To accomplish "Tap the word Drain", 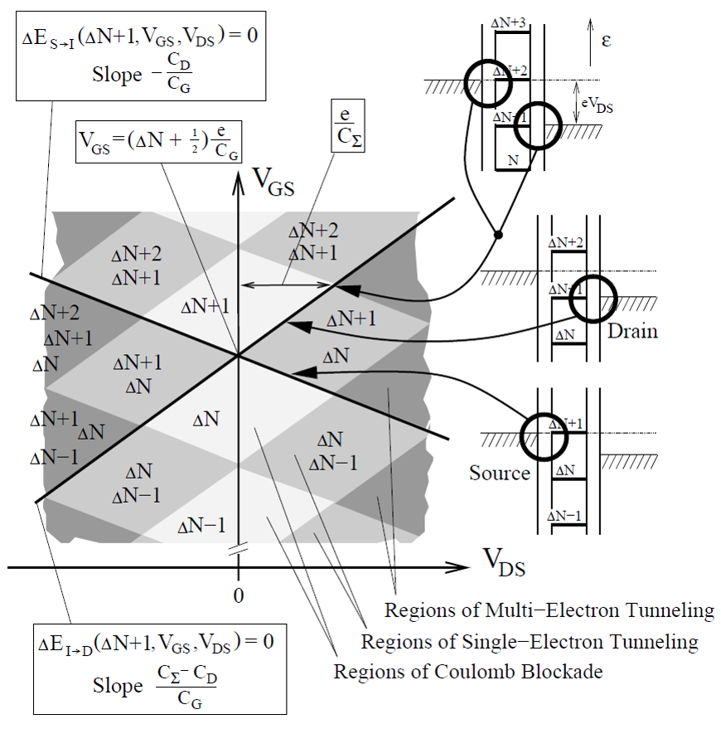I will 632,332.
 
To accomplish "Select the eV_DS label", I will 602,102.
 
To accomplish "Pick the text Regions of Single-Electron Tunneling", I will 530,642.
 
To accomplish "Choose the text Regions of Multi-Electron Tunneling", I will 549,611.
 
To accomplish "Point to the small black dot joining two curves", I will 497,236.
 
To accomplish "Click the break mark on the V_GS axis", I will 239,550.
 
